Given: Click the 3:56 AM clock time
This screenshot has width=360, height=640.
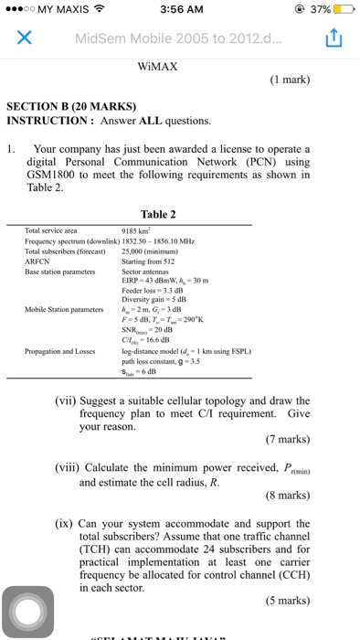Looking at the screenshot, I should pyautogui.click(x=179, y=10).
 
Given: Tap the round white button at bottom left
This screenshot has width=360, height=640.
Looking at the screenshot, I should pyautogui.click(x=31, y=611).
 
